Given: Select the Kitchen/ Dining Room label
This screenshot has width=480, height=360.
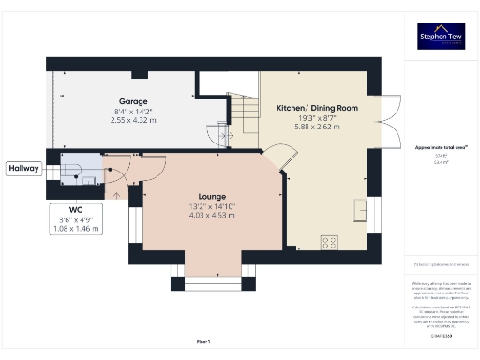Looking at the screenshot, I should [316, 109].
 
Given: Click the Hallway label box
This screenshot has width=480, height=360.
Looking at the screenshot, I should [23, 169].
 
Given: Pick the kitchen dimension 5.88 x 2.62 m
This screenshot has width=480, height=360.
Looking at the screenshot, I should [316, 129].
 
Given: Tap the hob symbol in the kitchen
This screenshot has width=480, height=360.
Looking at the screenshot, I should [331, 242].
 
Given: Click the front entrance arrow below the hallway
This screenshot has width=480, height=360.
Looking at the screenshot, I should [117, 195].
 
